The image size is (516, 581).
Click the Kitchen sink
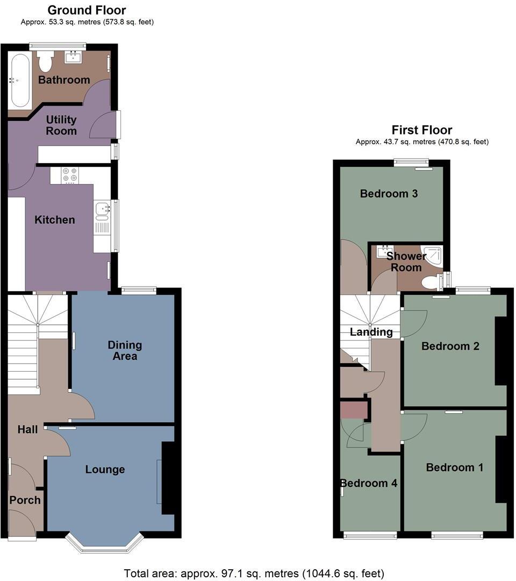coord(101,210)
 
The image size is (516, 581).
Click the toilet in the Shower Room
coord(431,281)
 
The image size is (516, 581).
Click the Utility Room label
coord(61,125)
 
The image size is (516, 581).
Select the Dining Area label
coord(125,350)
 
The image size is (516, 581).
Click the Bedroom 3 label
coord(389,194)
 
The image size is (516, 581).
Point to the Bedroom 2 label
coord(450,346)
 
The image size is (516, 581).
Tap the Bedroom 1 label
coord(454,467)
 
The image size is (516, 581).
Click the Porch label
coord(25,500)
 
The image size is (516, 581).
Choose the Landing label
coord(371,332)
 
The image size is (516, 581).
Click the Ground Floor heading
coord(87,10)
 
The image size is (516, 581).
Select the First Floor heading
coord(421,130)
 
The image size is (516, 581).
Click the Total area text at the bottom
coord(254,573)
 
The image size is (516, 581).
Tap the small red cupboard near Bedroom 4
coord(354,410)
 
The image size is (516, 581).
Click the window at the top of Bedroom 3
coord(411,161)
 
